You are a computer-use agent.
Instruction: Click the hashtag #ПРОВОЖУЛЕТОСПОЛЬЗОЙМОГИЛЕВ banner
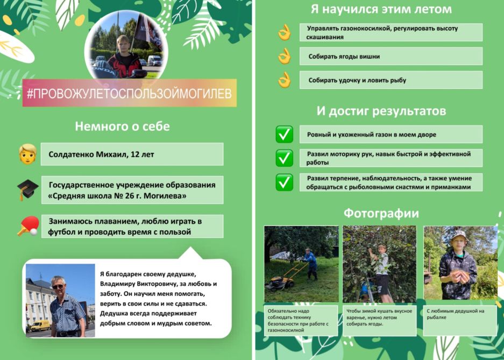coord(129,93)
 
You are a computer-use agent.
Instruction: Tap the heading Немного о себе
coord(123,126)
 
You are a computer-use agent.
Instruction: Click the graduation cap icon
coord(27,189)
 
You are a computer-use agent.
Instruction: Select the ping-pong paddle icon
coord(29,226)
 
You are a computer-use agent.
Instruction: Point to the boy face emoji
coord(27,154)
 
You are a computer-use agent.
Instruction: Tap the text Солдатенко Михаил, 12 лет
coord(101,154)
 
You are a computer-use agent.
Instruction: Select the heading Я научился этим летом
coord(381,9)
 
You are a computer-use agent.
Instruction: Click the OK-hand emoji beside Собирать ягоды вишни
coord(285,57)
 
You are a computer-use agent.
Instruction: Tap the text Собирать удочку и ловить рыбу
coord(357,80)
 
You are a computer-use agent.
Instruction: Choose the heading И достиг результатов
coord(381,111)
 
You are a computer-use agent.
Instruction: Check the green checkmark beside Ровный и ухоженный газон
coord(285,135)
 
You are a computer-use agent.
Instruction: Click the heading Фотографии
coord(381,214)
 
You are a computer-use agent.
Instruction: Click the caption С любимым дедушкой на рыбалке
coord(456,314)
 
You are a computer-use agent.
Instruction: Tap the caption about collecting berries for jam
coord(379,317)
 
